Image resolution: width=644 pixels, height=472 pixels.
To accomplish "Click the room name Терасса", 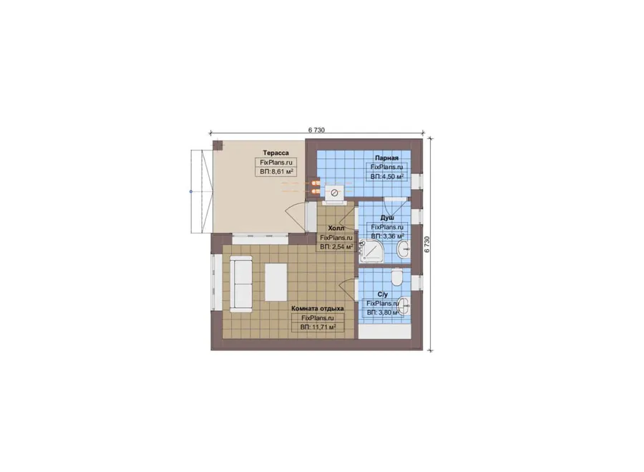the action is coord(276,153).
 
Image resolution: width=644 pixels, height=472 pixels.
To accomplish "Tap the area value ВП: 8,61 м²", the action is coord(276,172).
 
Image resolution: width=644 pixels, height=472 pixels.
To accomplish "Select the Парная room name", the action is coord(386,158).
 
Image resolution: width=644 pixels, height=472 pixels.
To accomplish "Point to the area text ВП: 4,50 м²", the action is coord(387,176).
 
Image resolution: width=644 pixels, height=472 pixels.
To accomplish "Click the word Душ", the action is coord(387,218).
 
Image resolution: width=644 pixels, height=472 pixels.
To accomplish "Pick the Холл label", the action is coord(336,228).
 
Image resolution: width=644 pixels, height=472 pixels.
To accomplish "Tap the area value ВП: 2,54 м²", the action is coord(336,247).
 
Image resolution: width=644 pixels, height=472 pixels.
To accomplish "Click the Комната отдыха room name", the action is coord(318,308).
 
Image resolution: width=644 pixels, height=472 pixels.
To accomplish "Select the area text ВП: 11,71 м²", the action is coord(318,327).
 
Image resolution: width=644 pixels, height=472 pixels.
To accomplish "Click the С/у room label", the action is coord(382,294).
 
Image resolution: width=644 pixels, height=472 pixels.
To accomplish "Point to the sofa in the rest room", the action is coord(241,284).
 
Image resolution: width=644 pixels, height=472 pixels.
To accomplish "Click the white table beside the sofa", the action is coord(276,282).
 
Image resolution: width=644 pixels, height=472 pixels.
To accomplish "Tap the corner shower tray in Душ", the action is coord(372,251).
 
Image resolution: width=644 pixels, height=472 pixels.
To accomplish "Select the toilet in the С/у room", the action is coord(397,277).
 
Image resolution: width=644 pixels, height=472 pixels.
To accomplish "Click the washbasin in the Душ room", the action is coord(403,249).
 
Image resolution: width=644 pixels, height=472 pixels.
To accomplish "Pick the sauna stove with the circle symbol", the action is coord(335,193).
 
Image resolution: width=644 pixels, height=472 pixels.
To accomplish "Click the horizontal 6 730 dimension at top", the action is coord(316,130).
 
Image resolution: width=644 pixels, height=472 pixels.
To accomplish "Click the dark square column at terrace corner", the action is coord(218,145).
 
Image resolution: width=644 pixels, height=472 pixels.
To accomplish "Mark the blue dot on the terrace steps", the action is coord(190,192).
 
